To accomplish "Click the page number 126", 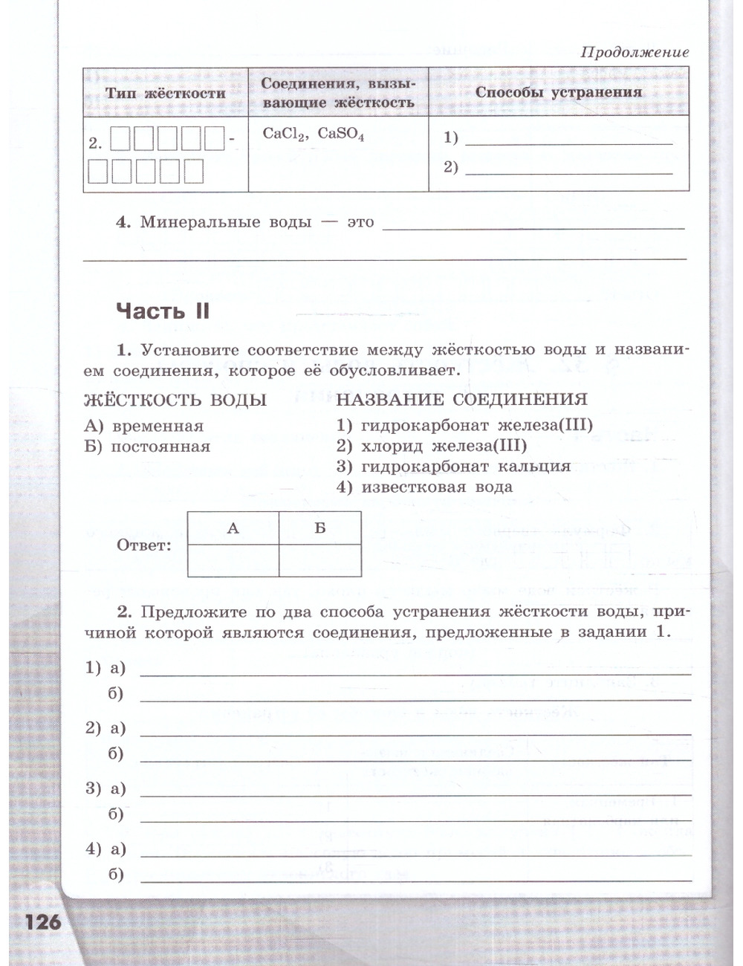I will pyautogui.click(x=43, y=922).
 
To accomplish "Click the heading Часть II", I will pyautogui.click(x=163, y=311).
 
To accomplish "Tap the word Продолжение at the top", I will pyautogui.click(x=635, y=52).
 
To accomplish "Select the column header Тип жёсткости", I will pyautogui.click(x=165, y=93).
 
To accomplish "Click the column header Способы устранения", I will pyautogui.click(x=558, y=92).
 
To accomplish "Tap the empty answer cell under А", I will pyautogui.click(x=233, y=560).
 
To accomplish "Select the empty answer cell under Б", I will pyautogui.click(x=320, y=560).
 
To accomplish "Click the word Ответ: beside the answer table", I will pyautogui.click(x=144, y=545).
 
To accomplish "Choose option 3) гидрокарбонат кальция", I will pyautogui.click(x=453, y=467).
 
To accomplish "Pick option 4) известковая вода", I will pyautogui.click(x=424, y=487).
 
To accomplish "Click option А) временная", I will pyautogui.click(x=144, y=426).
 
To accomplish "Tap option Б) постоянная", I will pyautogui.click(x=147, y=447).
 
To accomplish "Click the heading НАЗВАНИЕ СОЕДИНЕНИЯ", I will pyautogui.click(x=461, y=399).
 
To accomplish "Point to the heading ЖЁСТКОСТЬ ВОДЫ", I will pyautogui.click(x=175, y=400).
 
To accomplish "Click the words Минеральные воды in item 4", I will pyautogui.click(x=226, y=221).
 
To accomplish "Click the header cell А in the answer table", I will pyautogui.click(x=233, y=528).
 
